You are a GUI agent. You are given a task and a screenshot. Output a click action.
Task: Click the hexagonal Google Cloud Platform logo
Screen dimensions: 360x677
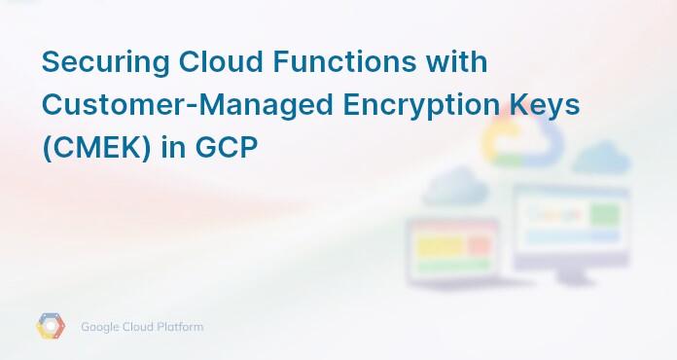pos(51,327)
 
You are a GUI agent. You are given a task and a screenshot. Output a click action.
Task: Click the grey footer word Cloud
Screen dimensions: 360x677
pos(140,327)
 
